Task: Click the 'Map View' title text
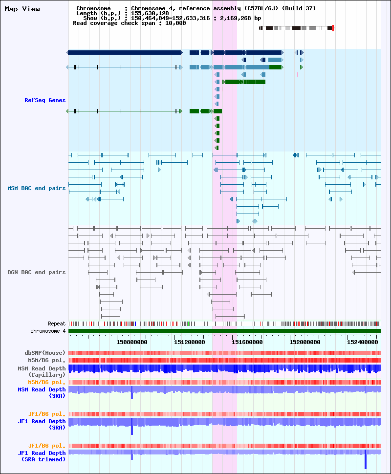22,9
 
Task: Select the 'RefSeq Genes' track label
45,100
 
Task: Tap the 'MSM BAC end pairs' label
37,188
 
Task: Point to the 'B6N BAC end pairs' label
37,272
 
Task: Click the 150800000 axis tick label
132,342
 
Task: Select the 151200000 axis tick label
190,342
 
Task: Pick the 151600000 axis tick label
247,342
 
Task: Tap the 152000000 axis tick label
305,342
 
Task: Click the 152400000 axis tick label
363,342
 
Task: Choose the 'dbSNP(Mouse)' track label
45,353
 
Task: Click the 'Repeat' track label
57,323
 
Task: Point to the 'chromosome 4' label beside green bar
48,331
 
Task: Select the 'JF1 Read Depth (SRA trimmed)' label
42,456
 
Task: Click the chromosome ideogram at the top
296,28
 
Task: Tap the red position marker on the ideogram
333,28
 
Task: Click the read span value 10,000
175,23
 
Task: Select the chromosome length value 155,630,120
150,13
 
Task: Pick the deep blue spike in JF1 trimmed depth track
366,459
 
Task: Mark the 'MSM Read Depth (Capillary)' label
42,371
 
